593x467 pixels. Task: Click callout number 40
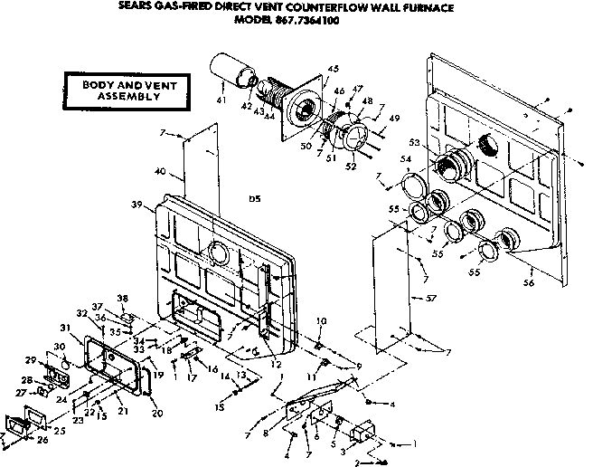click(160, 172)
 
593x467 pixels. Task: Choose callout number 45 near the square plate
click(333, 70)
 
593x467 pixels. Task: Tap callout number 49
click(393, 119)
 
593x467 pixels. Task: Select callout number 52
click(349, 166)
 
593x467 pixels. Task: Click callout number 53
click(415, 142)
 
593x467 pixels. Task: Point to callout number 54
click(407, 159)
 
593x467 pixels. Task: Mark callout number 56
click(529, 283)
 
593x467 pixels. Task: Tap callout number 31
click(64, 327)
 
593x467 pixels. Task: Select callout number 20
click(157, 415)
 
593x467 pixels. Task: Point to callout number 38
click(122, 298)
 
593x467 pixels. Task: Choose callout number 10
click(321, 321)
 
